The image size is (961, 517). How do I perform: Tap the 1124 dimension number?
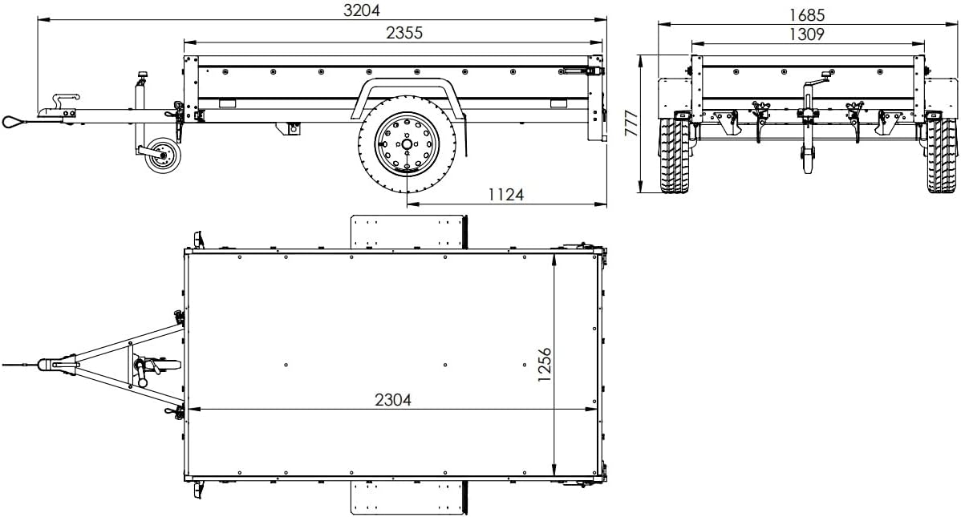point(505,194)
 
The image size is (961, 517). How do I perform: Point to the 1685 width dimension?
point(806,14)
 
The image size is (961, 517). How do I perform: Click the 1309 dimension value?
point(806,34)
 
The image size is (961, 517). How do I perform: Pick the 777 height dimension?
point(631,123)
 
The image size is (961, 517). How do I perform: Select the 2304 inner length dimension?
point(392,399)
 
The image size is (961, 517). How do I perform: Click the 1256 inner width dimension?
point(545,366)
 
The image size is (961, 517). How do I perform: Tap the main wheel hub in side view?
point(408,144)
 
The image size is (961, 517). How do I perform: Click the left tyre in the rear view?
point(674,156)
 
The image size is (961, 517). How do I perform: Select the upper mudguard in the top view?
point(408,232)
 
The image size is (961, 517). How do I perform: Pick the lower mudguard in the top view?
point(408,496)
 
